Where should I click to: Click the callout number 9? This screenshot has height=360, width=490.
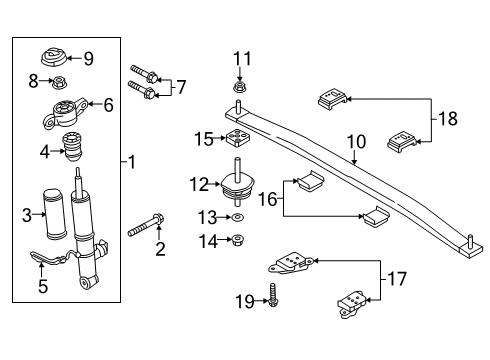[89, 59]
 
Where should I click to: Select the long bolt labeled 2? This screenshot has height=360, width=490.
[145, 226]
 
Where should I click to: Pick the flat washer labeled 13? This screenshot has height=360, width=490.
[238, 217]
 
